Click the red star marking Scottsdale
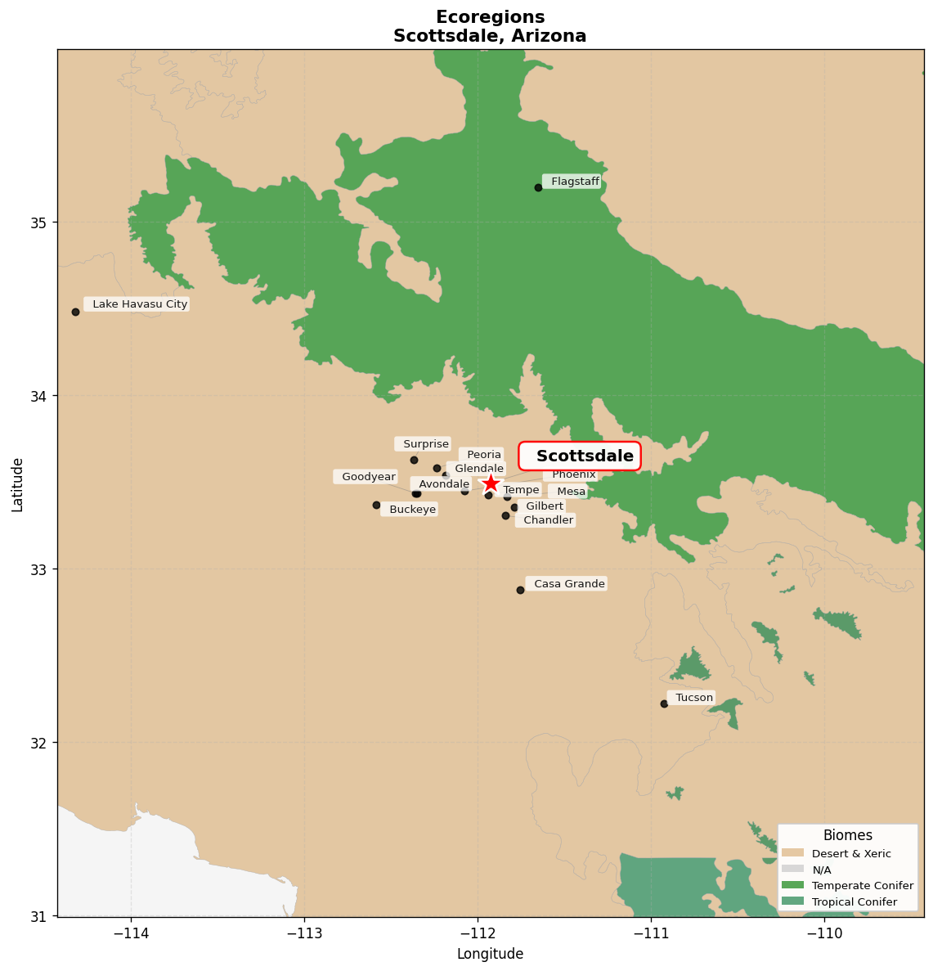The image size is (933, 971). (490, 483)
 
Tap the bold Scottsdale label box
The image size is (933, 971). (580, 456)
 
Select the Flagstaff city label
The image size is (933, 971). (572, 182)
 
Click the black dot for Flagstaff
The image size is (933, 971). (538, 187)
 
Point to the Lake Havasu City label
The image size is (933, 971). (137, 304)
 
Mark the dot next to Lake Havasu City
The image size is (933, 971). (75, 312)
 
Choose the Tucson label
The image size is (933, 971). (692, 698)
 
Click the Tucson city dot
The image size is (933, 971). (664, 704)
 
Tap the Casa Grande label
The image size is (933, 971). (567, 584)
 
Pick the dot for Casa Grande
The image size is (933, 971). (520, 590)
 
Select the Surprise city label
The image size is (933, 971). (423, 444)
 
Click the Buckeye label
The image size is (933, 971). (410, 510)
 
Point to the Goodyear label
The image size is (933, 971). (366, 477)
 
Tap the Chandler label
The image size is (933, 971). (545, 520)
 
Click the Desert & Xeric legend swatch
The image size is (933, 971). (792, 853)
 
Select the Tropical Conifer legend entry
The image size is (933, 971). (854, 902)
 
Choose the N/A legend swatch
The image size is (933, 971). (792, 870)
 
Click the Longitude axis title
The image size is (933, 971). (490, 954)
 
